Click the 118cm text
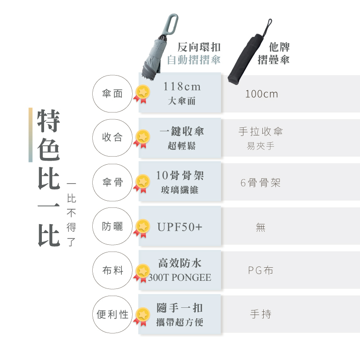182,86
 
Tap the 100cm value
261,94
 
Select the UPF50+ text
180,227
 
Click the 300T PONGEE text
180,278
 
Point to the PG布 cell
261,270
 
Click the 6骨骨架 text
261,183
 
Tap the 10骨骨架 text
180,175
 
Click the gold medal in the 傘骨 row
142,183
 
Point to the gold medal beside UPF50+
142,228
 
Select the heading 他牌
279,47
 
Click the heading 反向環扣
199,47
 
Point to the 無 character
261,227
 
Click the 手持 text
261,314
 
